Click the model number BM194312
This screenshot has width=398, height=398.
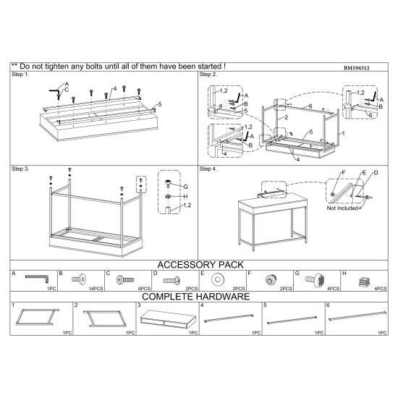(356, 68)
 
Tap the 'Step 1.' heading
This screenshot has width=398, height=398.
(20, 75)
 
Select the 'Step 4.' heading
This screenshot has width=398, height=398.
(208, 169)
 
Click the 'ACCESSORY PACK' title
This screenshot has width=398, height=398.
(200, 265)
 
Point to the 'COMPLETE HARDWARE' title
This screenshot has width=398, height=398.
(195, 297)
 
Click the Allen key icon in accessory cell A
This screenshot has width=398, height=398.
(37, 278)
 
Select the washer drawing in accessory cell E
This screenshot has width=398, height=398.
(218, 279)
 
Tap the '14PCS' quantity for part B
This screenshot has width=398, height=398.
(96, 289)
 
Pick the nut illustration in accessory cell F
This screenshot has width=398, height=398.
(271, 280)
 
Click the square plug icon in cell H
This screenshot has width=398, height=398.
(364, 281)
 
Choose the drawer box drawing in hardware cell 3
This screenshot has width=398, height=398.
(168, 319)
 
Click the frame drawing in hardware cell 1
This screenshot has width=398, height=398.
(37, 317)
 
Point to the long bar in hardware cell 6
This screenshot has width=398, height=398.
(357, 316)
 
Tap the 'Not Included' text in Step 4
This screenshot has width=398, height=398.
(342, 208)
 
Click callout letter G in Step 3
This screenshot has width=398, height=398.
(185, 187)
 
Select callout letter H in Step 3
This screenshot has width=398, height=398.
(185, 196)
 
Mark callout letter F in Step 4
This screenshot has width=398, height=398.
(344, 173)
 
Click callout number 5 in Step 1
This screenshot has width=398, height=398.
(160, 104)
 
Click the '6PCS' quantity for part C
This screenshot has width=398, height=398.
(144, 289)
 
